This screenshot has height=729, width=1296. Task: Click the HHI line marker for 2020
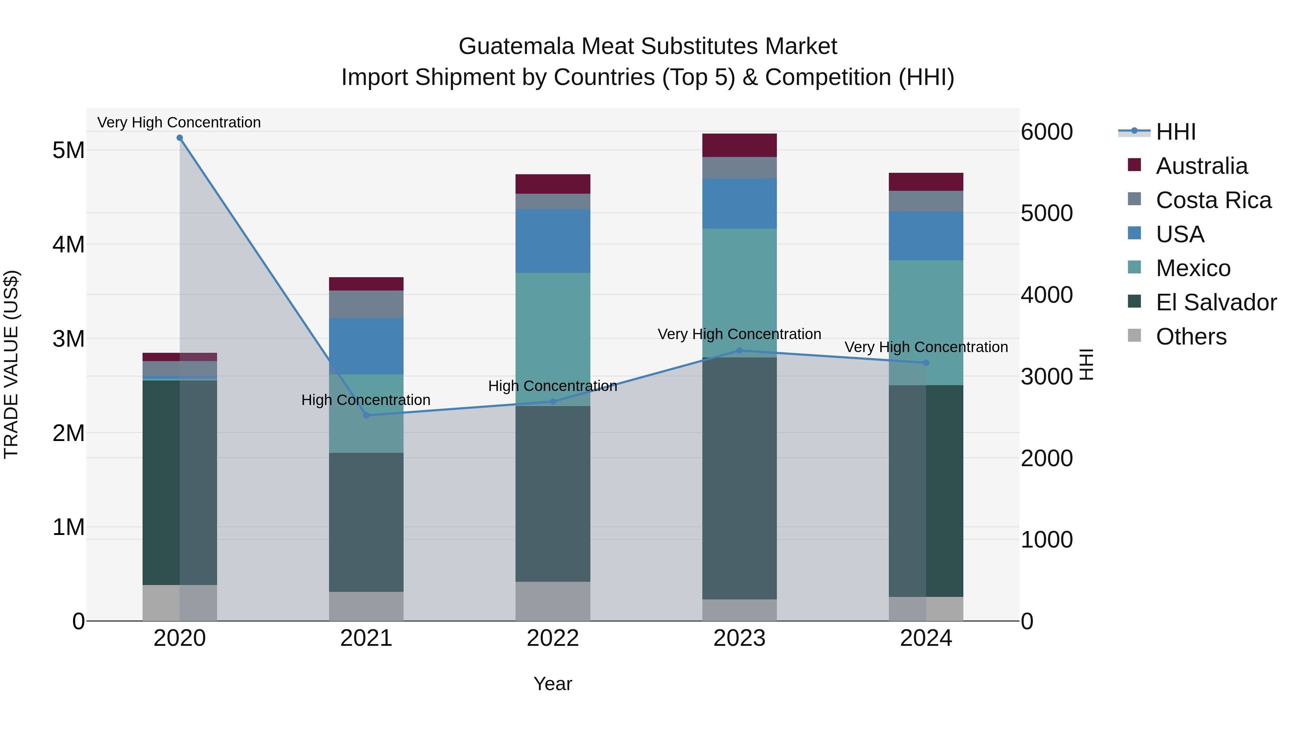(180, 138)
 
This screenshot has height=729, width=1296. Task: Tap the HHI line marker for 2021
(366, 415)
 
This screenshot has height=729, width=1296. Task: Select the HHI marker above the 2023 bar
(739, 351)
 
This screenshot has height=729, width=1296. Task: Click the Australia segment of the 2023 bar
(739, 145)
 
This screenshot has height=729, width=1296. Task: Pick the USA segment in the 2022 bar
(552, 241)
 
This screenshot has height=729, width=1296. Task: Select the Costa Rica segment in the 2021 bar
(366, 304)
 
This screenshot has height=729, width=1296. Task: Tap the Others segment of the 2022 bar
(552, 601)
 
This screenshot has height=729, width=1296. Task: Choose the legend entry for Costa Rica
(1212, 200)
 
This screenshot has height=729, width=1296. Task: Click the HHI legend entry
(1175, 132)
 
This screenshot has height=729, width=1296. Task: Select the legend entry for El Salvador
(1215, 302)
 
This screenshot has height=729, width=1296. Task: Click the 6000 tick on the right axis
(1047, 132)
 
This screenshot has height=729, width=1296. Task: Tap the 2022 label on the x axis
(552, 638)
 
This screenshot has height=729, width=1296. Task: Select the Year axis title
(552, 684)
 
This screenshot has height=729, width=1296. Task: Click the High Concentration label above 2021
(366, 400)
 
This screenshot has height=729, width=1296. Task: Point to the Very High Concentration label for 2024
(926, 347)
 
